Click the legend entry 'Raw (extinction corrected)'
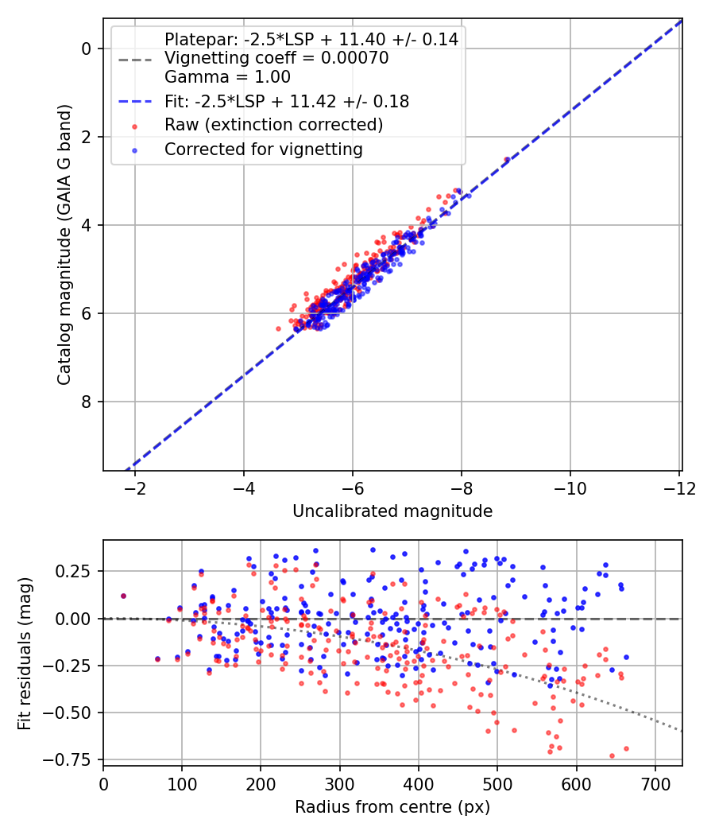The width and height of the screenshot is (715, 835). (x=273, y=125)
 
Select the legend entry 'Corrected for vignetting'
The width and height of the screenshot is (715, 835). (x=263, y=149)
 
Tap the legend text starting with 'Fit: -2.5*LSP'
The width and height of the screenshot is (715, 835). (x=287, y=101)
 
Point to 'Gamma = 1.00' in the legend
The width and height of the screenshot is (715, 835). (x=227, y=77)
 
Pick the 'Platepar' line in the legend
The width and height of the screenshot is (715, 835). (x=311, y=39)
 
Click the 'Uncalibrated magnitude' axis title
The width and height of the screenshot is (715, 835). (x=392, y=511)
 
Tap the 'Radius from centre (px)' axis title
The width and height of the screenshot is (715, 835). (x=392, y=807)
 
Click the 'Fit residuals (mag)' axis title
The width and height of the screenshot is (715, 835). (x=25, y=653)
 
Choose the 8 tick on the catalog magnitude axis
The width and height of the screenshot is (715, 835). (x=87, y=402)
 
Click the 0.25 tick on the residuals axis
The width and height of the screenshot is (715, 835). (x=79, y=571)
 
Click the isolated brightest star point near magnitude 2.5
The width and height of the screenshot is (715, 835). (x=507, y=160)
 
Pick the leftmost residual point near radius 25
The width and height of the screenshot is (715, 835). (x=123, y=596)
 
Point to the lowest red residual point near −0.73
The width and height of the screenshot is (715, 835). (x=612, y=755)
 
